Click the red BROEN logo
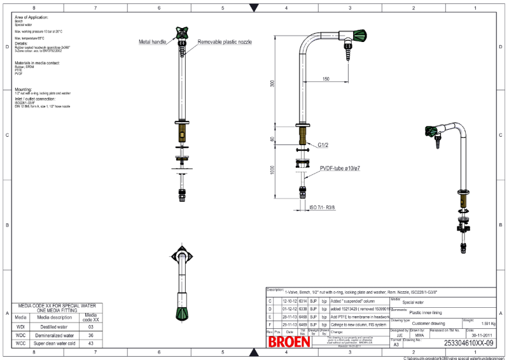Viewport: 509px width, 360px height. coord(289,341)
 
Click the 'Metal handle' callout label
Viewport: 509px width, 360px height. coord(153,41)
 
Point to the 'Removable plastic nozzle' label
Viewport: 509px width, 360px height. coord(224,41)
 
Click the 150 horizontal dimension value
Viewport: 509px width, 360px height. coord(326,79)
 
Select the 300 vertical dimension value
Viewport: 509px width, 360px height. coord(272,83)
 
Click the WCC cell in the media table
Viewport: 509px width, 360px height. coord(20,343)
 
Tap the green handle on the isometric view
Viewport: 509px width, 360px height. coord(433,133)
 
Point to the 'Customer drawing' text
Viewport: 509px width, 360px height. coord(429,323)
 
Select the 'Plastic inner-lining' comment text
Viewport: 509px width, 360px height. coord(426,312)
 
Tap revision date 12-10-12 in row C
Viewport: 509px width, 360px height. coord(289,301)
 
